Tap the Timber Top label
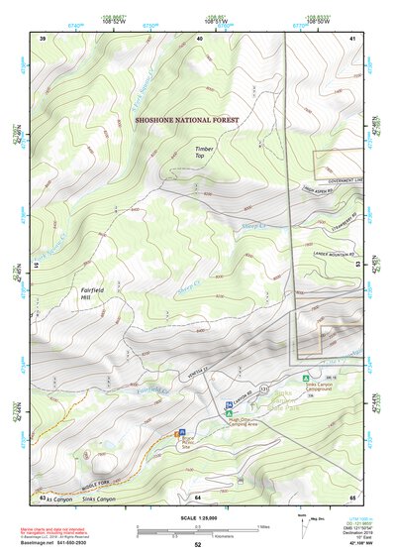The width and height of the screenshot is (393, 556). pyautogui.click(x=205, y=152)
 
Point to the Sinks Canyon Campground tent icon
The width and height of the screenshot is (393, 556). pyautogui.click(x=307, y=378)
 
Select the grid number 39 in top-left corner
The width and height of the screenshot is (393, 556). pyautogui.click(x=43, y=38)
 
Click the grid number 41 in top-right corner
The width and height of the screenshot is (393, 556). pyautogui.click(x=352, y=38)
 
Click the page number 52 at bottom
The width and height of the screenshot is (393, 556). pyautogui.click(x=198, y=545)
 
